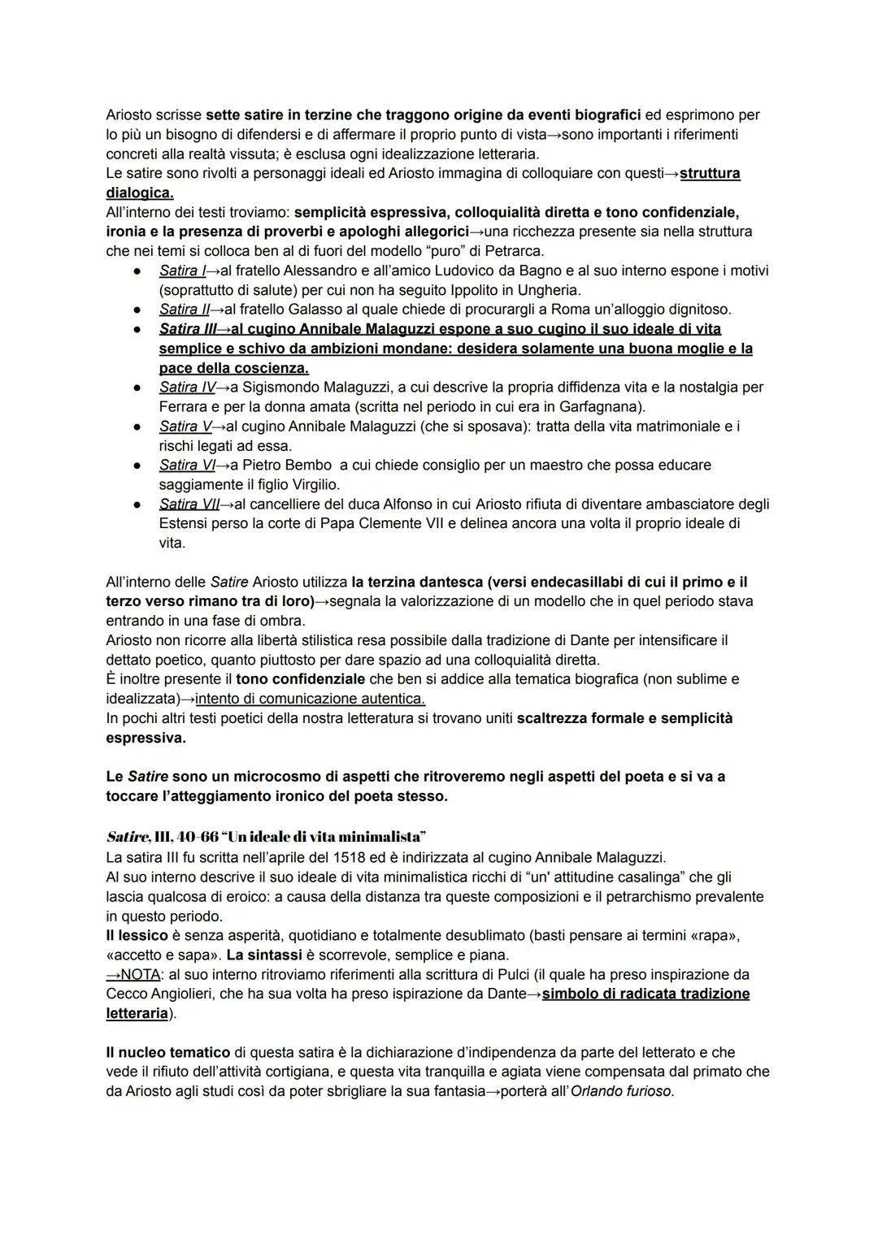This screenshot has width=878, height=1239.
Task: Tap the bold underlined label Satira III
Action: (x=183, y=329)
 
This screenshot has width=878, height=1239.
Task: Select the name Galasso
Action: (x=302, y=310)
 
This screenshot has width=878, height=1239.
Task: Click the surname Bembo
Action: (x=311, y=466)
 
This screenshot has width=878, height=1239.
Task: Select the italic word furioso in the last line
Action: (x=643, y=1091)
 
